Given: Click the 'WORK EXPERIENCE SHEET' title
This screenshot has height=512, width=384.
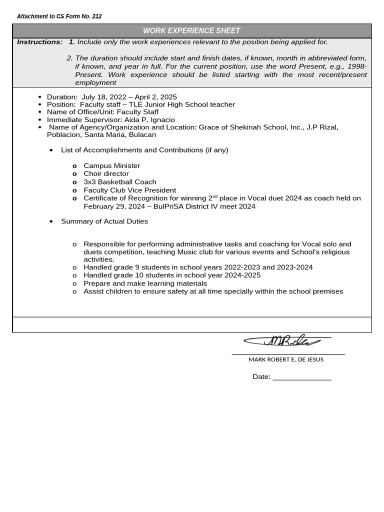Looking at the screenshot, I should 191,31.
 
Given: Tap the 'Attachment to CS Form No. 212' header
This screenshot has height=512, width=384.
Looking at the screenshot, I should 59,16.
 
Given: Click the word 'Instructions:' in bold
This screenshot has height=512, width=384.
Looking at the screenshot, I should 39,42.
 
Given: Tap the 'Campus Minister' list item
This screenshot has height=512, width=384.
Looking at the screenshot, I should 111,166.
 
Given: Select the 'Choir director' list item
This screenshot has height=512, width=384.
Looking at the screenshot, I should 106,174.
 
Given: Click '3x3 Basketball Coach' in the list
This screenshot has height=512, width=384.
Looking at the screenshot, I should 119,182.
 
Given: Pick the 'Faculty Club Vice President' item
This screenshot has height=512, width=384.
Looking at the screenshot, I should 129,190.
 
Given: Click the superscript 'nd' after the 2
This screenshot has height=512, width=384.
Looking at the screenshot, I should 215,196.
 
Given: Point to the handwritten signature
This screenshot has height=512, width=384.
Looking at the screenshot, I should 285,341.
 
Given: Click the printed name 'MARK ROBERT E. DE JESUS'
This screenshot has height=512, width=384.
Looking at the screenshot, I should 285,359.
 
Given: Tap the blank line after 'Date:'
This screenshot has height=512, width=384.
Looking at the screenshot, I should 301,377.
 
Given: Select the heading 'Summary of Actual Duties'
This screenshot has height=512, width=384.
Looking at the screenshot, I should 104,221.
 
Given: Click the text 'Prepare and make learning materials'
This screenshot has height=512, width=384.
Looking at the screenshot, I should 138,283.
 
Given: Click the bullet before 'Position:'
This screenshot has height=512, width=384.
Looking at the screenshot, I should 40,104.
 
